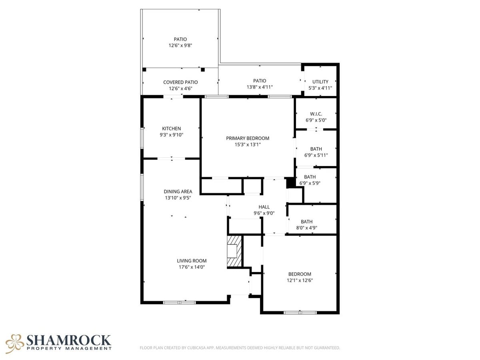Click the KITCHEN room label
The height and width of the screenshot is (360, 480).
click(x=171, y=128)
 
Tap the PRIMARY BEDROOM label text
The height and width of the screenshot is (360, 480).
click(x=248, y=138)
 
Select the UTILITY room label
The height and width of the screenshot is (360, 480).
click(x=320, y=82)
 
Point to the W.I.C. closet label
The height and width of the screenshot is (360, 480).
click(x=316, y=114)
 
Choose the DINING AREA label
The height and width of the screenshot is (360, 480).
click(x=178, y=192)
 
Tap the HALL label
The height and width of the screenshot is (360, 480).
click(x=264, y=207)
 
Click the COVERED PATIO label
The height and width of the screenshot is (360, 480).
click(x=180, y=82)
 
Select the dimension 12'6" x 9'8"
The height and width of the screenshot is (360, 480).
click(x=180, y=46)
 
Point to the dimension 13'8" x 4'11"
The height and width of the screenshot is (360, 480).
click(x=260, y=87)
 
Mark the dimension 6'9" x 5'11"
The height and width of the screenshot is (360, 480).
click(x=316, y=156)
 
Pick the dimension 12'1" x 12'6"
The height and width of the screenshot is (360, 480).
click(x=300, y=280)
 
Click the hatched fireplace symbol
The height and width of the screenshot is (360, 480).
click(x=234, y=251)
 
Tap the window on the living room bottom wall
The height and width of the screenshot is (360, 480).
click(x=179, y=302)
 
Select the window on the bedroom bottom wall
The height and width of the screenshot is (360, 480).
click(x=300, y=312)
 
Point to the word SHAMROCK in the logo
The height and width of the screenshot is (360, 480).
click(x=68, y=340)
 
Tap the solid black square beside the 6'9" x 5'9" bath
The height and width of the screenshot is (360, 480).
click(x=290, y=182)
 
